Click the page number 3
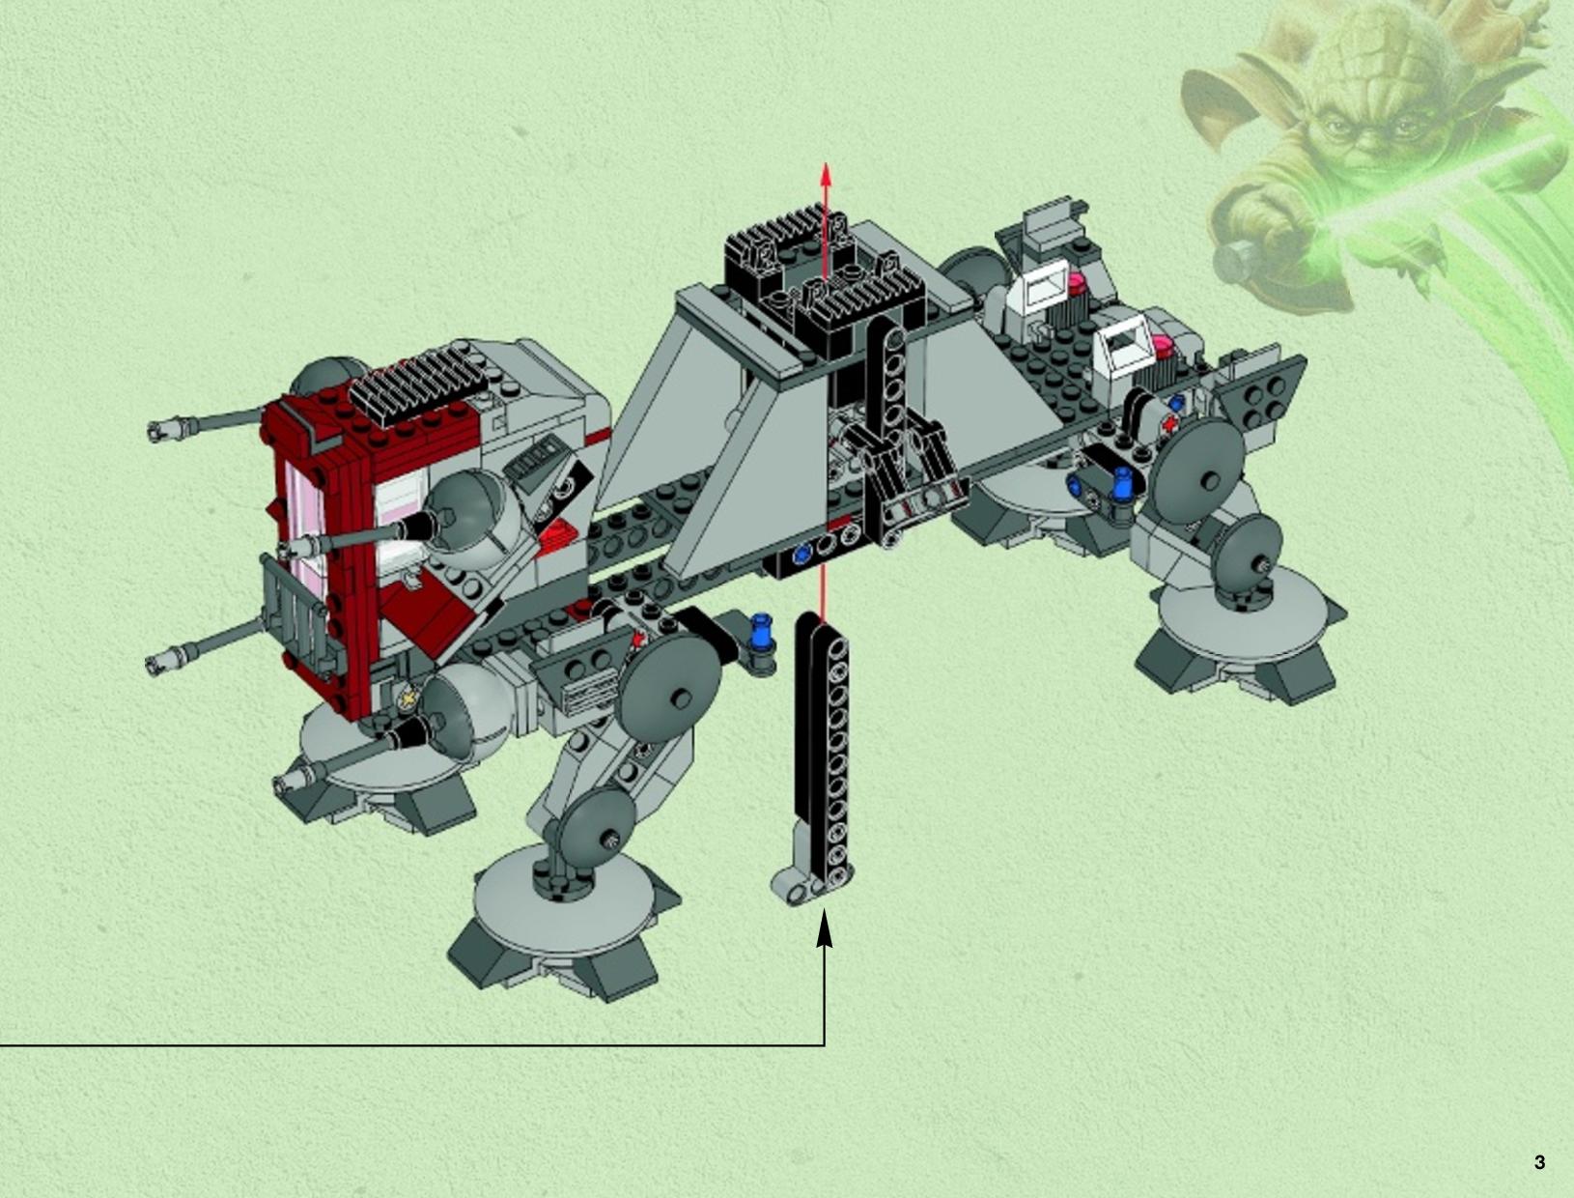click(1539, 1162)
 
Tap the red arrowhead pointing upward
click(826, 174)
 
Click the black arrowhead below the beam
click(825, 928)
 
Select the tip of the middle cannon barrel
click(286, 550)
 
